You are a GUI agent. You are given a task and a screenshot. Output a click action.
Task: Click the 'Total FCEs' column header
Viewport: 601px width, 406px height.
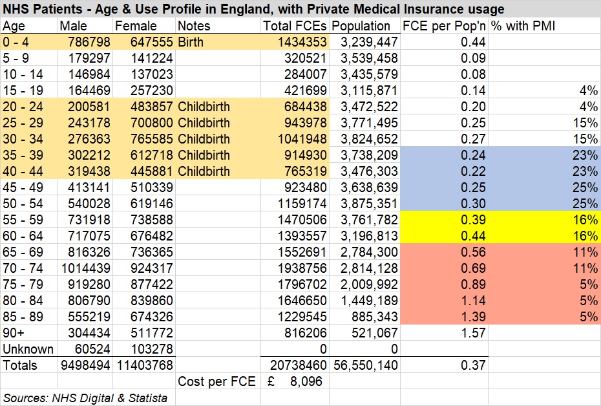(295, 26)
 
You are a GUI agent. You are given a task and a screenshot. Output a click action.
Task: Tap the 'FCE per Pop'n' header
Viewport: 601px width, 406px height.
(444, 26)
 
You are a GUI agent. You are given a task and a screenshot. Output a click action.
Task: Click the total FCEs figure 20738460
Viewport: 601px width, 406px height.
(295, 365)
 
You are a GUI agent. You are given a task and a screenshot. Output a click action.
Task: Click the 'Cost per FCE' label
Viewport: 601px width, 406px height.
(216, 381)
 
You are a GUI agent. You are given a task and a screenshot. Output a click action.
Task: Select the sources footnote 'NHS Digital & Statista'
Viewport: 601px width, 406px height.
(85, 398)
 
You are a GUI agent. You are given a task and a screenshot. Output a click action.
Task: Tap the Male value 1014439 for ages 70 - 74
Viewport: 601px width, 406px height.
(85, 268)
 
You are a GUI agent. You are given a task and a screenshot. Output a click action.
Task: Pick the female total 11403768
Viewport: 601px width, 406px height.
(143, 365)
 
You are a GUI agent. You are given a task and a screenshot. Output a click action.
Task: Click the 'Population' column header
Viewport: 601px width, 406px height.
(361, 26)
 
